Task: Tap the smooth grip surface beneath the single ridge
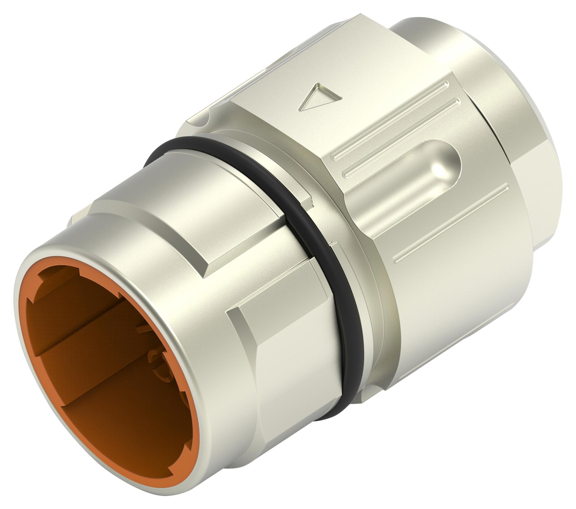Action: coord(461,288)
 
